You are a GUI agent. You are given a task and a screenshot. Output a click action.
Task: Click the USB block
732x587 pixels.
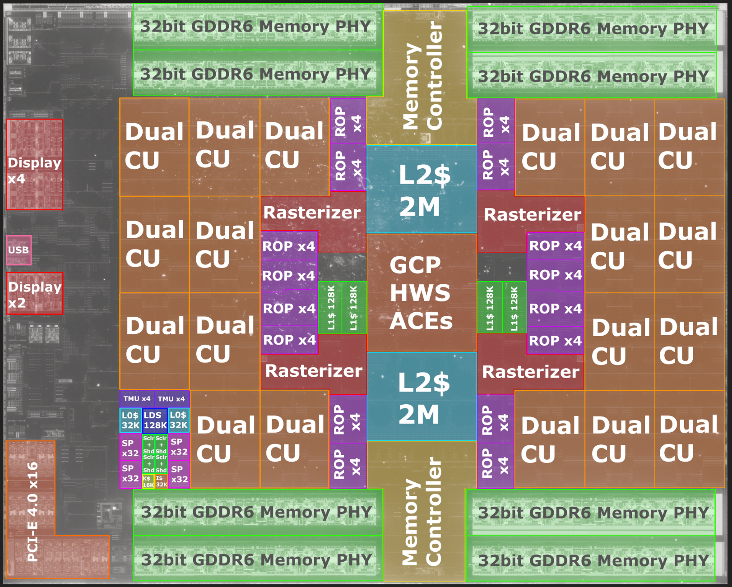pos(19,250)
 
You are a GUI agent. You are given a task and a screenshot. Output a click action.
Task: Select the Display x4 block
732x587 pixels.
pos(34,165)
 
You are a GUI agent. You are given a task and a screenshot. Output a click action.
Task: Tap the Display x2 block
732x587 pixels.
pos(35,294)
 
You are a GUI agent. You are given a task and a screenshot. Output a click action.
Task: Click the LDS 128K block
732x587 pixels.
pos(155,420)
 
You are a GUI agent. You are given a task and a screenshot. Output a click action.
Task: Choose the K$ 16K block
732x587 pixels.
pos(148,482)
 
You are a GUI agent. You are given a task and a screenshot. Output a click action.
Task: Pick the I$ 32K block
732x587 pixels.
pos(162,482)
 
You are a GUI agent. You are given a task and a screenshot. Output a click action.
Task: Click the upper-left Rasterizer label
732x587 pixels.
pos(312,213)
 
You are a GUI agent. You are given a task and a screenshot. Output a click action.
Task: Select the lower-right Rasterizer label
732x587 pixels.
pos(531,372)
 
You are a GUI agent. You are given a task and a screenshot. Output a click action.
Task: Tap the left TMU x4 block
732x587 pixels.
pos(137,399)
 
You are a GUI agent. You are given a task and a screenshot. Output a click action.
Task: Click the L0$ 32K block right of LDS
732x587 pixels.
pos(179,420)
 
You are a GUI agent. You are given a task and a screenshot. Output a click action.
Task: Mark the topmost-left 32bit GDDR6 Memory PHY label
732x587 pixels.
pos(256,27)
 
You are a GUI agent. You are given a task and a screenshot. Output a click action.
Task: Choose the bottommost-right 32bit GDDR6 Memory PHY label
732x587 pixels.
pos(593,560)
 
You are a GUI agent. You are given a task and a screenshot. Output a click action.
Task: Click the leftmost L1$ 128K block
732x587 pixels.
pos(331,308)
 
